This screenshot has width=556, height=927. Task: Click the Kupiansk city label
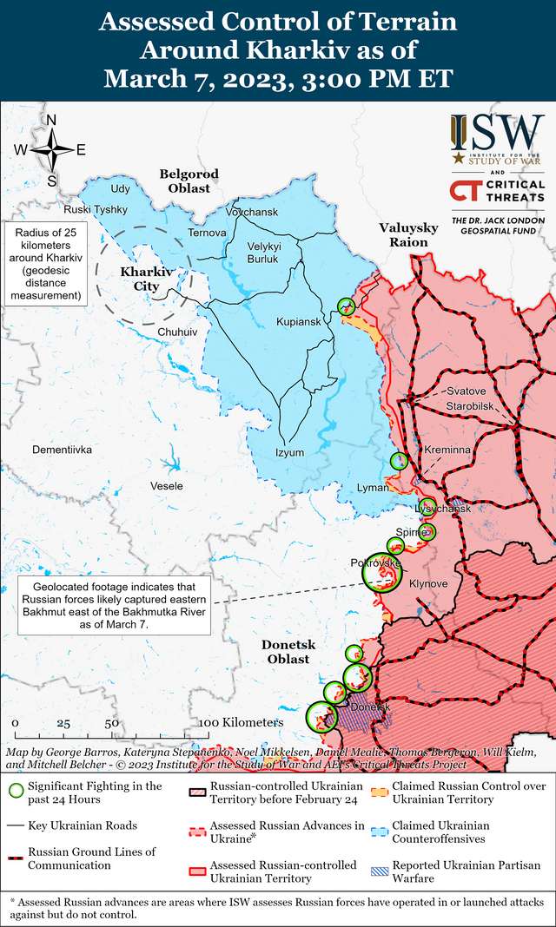[298, 322]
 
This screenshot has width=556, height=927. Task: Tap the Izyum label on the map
[290, 452]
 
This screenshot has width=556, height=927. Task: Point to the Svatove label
[467, 391]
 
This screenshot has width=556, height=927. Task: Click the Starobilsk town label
[470, 406]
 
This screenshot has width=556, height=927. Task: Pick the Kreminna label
[447, 450]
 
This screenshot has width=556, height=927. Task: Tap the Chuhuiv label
[178, 332]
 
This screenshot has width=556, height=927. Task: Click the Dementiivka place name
[62, 450]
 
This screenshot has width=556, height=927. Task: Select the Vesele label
[167, 486]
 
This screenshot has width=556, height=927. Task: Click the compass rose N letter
[51, 121]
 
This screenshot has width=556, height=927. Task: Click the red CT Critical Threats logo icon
[466, 191]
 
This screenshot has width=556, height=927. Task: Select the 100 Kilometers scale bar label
[241, 722]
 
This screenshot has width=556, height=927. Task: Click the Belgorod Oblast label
[189, 181]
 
